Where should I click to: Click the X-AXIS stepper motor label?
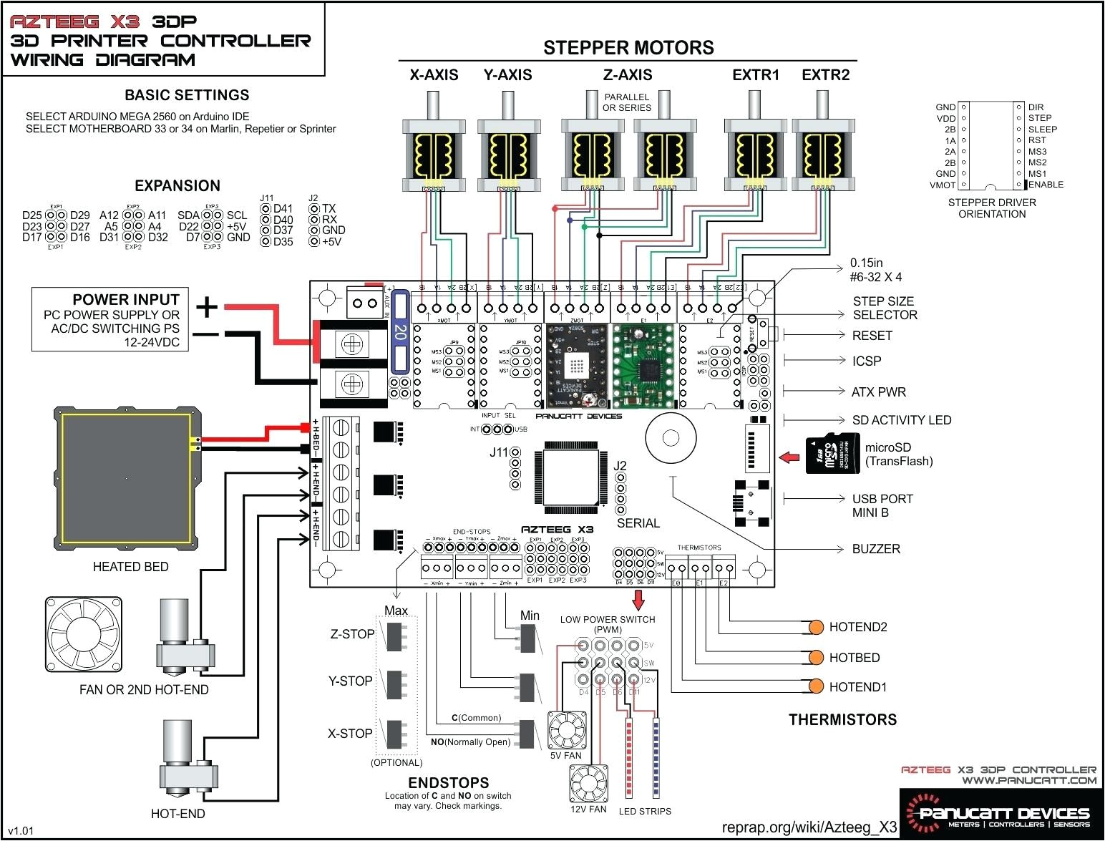coord(434,75)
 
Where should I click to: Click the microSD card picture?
coord(832,454)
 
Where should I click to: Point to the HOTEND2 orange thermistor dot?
coord(815,628)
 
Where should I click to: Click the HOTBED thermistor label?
coord(854,658)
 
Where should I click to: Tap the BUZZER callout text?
coord(876,549)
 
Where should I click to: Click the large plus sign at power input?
coord(206,307)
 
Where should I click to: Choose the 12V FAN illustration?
coord(588,784)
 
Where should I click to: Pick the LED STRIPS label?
coord(645,811)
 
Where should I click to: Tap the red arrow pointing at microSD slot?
coord(789,457)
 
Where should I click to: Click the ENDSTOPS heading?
coord(448,783)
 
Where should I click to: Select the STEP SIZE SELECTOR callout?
coord(884,308)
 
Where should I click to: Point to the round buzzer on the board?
coord(671,437)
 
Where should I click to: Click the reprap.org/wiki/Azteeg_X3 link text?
coord(809,827)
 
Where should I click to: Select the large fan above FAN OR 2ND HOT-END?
coord(83,635)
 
